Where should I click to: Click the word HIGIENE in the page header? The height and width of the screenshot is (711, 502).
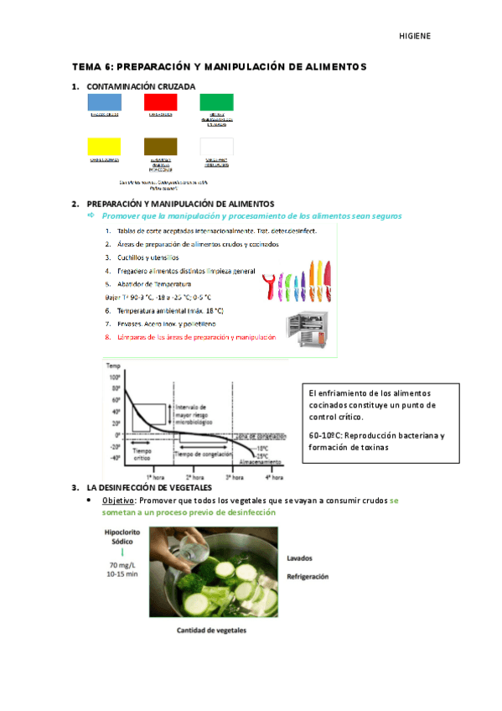point(414,36)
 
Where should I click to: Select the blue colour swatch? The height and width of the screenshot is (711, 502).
point(104,102)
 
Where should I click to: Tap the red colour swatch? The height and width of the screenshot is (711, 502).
point(160,102)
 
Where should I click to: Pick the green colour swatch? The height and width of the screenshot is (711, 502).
point(216,102)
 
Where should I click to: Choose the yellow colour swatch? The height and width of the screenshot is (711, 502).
point(104,147)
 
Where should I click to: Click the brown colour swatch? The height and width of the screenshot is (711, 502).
point(160,147)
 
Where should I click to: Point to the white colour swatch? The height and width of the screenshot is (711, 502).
point(216,147)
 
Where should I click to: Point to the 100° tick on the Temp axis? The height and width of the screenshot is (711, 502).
point(115,378)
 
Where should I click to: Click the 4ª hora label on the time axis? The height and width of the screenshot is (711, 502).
point(274,477)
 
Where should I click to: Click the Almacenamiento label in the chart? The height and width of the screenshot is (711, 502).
point(261,462)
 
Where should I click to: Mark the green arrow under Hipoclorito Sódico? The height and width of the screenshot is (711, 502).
point(122,552)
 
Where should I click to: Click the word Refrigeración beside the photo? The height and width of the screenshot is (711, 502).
point(308,577)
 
